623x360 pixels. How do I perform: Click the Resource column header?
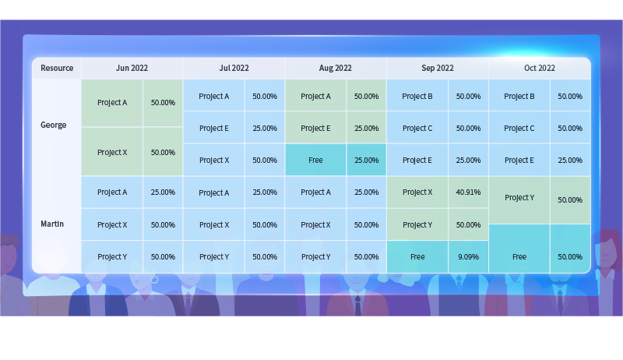57,68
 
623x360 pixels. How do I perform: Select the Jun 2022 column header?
132,68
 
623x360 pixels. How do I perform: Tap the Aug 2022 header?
336,68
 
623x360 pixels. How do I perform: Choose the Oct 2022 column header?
540,68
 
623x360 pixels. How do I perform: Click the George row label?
53,125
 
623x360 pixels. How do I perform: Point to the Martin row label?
52,224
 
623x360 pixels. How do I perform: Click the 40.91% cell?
468,192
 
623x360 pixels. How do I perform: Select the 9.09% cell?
468,256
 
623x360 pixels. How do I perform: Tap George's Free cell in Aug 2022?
315,161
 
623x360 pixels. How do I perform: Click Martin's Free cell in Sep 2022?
417,256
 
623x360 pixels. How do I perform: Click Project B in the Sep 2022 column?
417,96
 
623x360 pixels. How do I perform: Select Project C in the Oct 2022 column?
519,129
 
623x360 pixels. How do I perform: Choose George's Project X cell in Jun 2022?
112,152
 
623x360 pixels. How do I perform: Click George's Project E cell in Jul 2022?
213,129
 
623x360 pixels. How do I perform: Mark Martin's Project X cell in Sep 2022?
417,192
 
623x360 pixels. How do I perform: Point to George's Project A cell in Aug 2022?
315,96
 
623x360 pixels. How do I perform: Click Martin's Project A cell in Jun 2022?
112,192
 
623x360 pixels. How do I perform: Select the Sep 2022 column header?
438,68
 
